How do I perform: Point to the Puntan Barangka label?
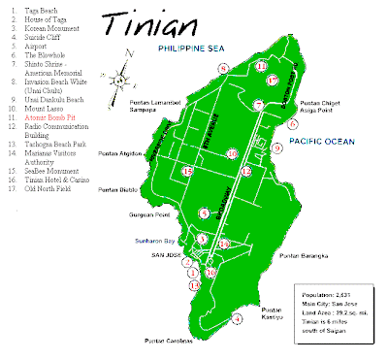302,257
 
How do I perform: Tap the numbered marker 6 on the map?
292,124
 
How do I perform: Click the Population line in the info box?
331,291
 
